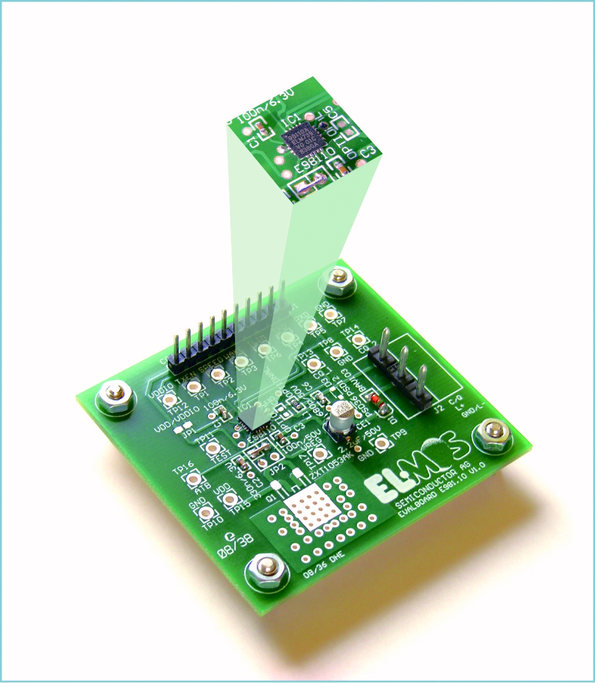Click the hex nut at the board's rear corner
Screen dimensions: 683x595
(338, 282)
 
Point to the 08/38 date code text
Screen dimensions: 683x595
(234, 548)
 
